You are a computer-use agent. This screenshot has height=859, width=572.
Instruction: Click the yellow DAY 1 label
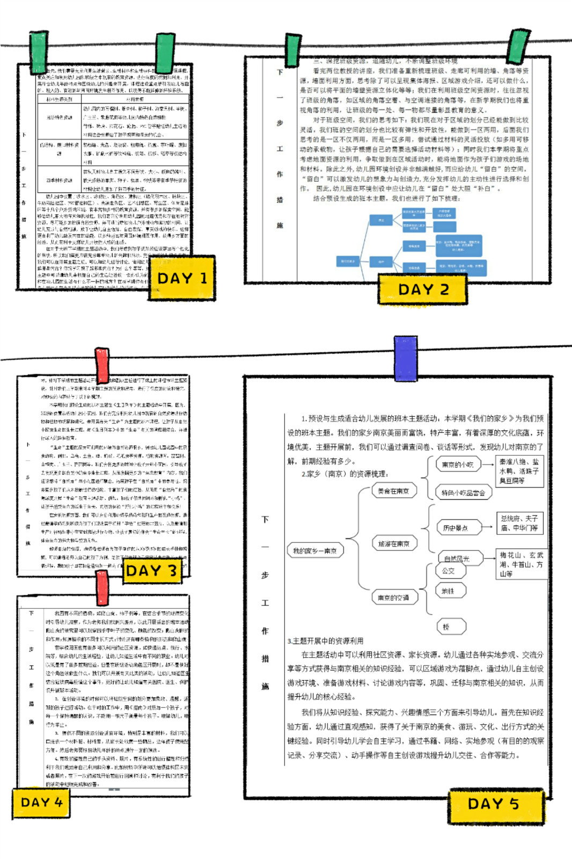click(x=181, y=278)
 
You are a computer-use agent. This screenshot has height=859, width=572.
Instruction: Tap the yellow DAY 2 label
click(x=423, y=289)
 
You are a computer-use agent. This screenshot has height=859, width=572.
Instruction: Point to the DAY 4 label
click(x=41, y=803)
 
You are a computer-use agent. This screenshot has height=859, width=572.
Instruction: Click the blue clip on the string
click(x=405, y=358)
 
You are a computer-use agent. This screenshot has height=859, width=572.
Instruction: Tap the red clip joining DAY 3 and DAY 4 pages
click(x=102, y=588)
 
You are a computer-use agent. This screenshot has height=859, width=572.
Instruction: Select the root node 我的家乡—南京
click(x=315, y=550)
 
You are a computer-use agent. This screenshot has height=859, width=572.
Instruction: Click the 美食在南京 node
click(x=394, y=491)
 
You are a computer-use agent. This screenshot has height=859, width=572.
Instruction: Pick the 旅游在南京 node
click(x=394, y=544)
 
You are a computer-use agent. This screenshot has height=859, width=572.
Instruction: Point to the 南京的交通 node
click(x=394, y=597)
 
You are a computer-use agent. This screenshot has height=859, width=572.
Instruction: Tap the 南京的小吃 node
click(x=458, y=464)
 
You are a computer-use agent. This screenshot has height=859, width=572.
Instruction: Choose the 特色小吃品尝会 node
click(x=463, y=492)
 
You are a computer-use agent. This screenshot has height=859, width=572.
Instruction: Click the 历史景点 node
click(x=456, y=528)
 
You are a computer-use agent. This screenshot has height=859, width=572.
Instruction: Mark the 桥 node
click(x=450, y=627)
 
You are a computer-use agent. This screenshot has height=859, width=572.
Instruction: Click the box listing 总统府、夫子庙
click(x=519, y=523)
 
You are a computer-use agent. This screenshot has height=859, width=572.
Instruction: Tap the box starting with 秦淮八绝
click(x=519, y=471)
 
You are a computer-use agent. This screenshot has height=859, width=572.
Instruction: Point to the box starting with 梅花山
click(x=521, y=564)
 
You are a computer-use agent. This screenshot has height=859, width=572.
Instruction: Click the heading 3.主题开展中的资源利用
click(x=326, y=640)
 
